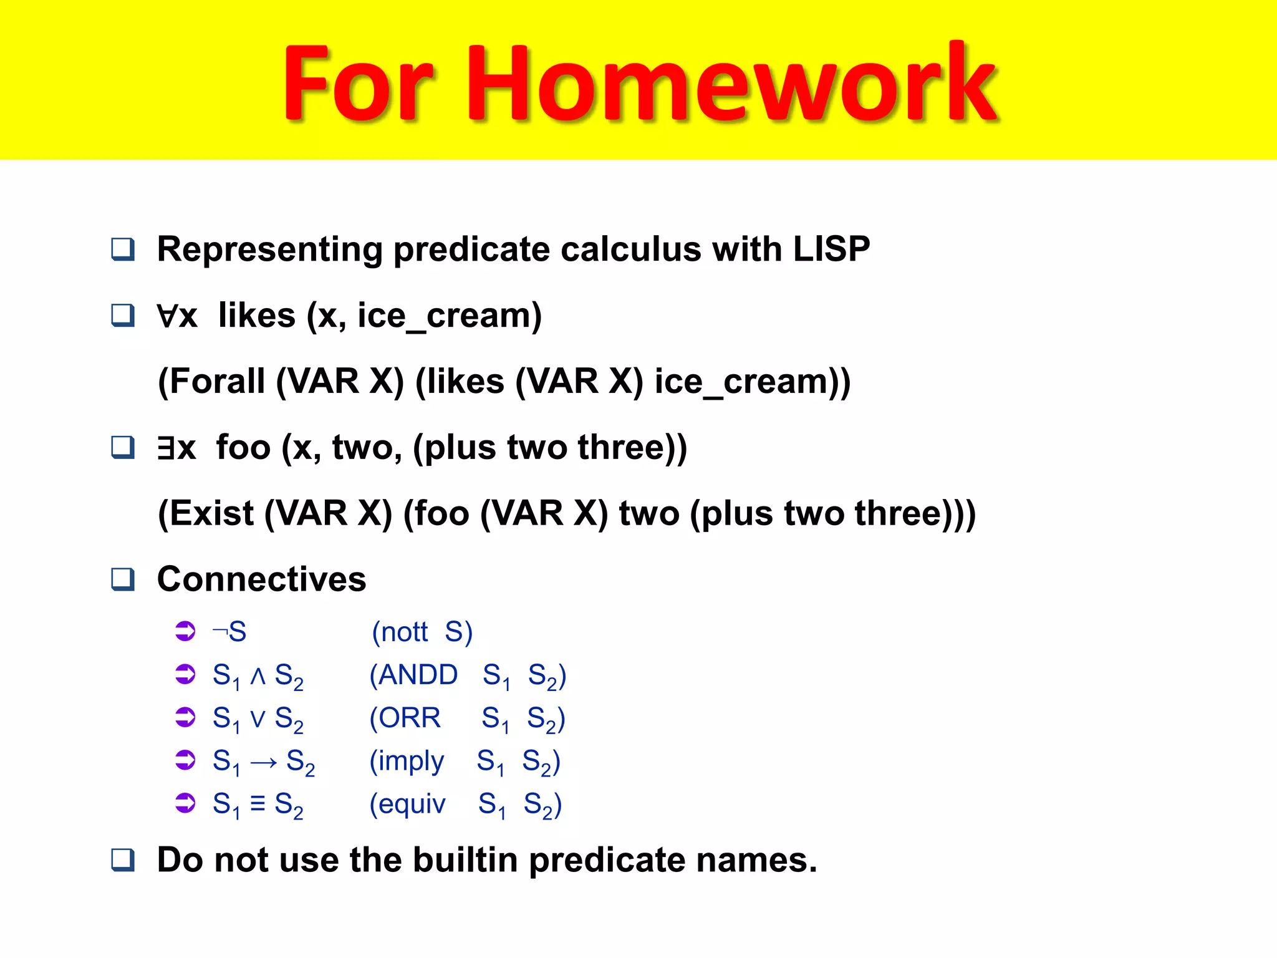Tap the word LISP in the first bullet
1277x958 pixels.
(x=831, y=249)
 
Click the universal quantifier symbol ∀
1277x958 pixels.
(x=167, y=316)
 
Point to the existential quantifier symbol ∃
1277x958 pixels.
(x=166, y=448)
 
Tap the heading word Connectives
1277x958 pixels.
(x=261, y=579)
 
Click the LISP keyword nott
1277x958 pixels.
(x=404, y=632)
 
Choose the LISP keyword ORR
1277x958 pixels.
(x=410, y=718)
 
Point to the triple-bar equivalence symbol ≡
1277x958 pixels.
(x=258, y=803)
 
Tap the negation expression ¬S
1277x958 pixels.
(x=229, y=632)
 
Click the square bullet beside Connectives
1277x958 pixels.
(x=123, y=579)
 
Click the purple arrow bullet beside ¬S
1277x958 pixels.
(x=185, y=631)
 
